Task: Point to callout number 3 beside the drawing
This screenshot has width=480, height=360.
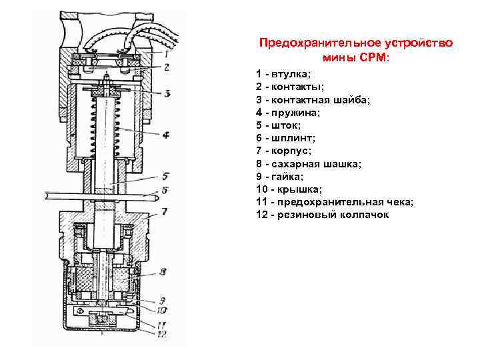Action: point(167,93)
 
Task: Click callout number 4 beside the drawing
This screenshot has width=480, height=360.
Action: point(165,135)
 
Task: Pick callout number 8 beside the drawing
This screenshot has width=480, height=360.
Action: point(163,271)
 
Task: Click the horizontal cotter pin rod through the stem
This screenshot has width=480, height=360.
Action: point(100,197)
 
